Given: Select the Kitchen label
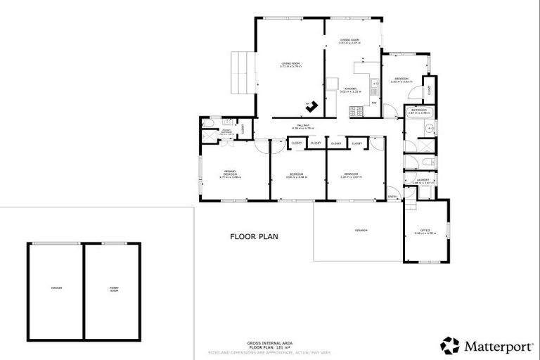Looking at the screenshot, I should pyautogui.click(x=349, y=89).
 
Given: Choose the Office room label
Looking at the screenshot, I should pyautogui.click(x=425, y=231).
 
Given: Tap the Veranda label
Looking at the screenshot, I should pyautogui.click(x=360, y=231).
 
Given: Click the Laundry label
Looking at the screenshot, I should pyautogui.click(x=425, y=181).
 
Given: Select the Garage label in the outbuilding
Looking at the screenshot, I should pyautogui.click(x=56, y=288).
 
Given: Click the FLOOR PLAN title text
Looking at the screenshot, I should pyautogui.click(x=254, y=237).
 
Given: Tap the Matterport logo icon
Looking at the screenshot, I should pyautogui.click(x=450, y=345).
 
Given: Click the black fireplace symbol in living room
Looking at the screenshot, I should pyautogui.click(x=311, y=106).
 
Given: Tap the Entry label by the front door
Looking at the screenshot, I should pyautogui.click(x=392, y=196).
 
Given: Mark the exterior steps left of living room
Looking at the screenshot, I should pyautogui.click(x=241, y=72).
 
